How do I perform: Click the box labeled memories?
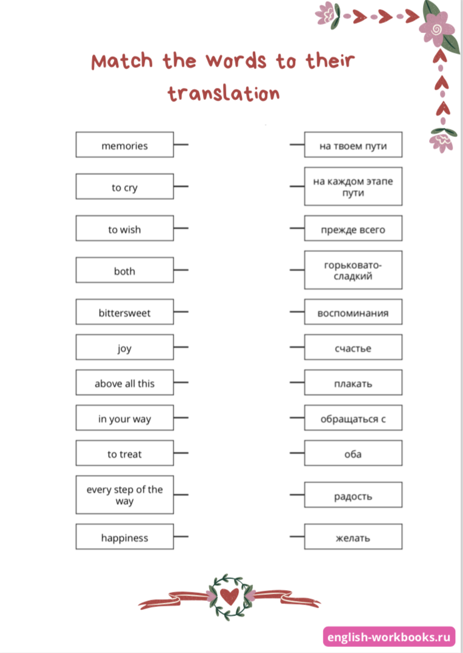point(124,145)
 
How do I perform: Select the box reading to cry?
point(124,187)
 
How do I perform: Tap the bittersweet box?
point(124,313)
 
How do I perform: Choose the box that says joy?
point(124,348)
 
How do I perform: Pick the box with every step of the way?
point(124,495)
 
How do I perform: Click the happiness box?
point(124,537)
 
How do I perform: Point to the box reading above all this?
point(124,383)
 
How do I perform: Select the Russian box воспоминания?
point(353,313)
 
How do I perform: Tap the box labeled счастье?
point(353,348)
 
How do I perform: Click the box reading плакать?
point(353,383)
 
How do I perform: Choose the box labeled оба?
point(353,454)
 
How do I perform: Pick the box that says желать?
point(353,537)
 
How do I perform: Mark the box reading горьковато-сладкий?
point(353,270)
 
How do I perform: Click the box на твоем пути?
point(353,145)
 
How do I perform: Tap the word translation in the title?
point(224,93)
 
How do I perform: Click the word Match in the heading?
point(122,61)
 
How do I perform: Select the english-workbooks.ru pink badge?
point(389,637)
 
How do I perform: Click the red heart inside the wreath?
point(230,597)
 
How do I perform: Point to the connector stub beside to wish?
point(181,228)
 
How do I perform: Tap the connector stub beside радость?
point(297,495)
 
